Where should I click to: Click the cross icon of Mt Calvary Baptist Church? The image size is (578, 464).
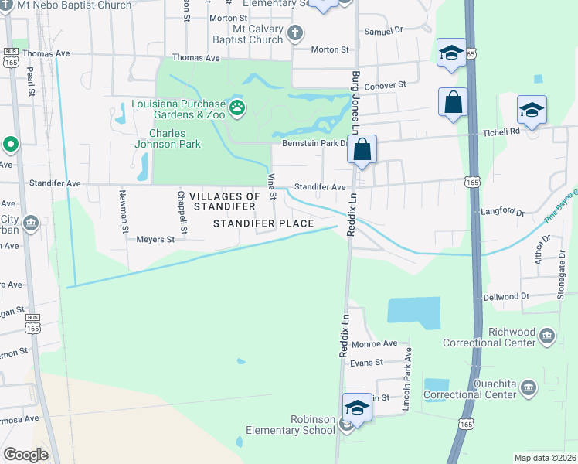(x=294, y=33)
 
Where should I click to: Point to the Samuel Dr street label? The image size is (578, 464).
(x=384, y=31)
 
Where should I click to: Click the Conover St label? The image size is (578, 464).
(x=386, y=85)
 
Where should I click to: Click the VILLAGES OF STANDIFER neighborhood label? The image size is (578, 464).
(x=225, y=201)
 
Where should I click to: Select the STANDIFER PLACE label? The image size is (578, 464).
(x=263, y=224)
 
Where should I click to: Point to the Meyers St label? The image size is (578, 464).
(x=155, y=240)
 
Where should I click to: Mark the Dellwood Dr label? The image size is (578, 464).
(x=506, y=296)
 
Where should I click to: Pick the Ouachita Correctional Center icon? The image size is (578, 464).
(x=528, y=387)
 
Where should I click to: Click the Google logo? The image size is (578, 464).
(x=26, y=454)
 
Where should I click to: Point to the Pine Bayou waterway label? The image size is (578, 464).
(x=560, y=210)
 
